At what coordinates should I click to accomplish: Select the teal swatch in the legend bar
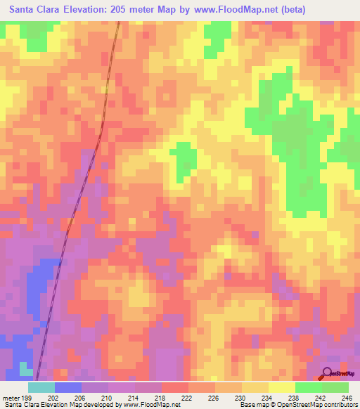click(x=41, y=387)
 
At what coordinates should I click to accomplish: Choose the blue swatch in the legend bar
click(x=68, y=387)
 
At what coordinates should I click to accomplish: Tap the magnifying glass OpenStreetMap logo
click(x=327, y=373)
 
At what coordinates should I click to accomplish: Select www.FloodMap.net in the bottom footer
click(x=150, y=405)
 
